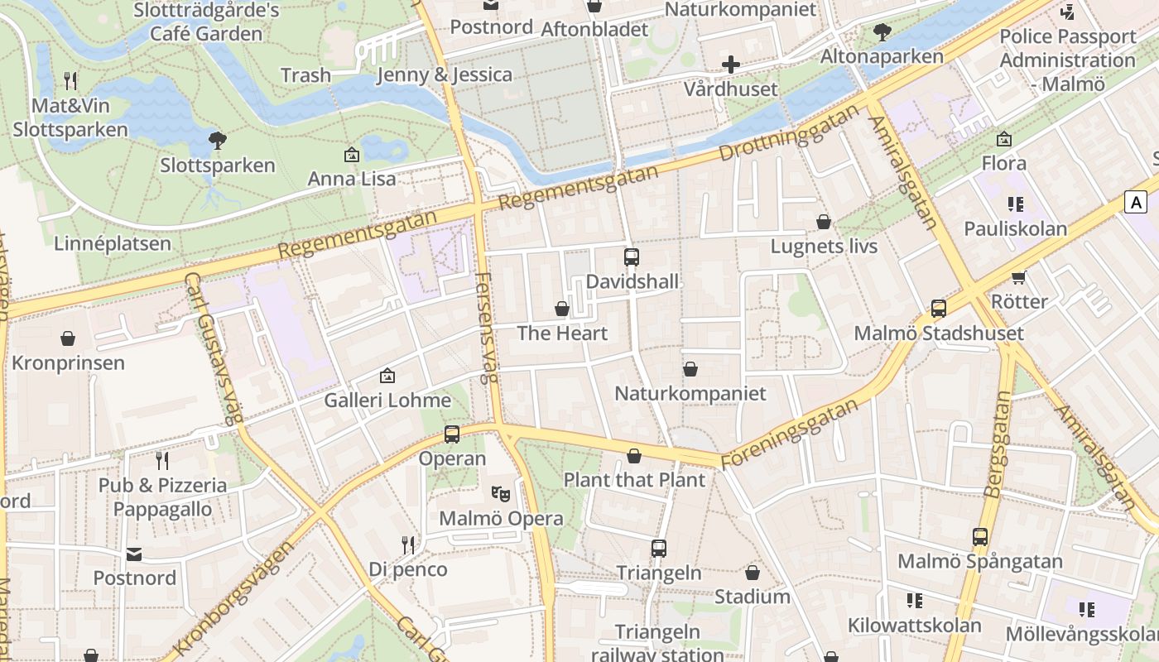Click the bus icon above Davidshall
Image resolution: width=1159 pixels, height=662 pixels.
(632, 257)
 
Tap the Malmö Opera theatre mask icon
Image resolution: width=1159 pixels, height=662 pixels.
(501, 494)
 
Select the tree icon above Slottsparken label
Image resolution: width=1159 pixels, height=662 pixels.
(218, 141)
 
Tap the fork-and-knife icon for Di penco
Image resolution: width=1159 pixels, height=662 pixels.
(407, 544)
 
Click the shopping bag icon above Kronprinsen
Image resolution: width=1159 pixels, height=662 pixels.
(68, 338)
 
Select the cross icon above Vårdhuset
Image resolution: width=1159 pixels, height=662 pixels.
(730, 64)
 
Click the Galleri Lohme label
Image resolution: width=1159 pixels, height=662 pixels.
(387, 401)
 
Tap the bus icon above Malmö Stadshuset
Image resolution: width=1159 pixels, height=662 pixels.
(938, 309)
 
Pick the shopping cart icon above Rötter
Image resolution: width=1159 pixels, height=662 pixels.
(1019, 277)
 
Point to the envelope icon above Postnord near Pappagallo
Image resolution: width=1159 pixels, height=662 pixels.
(134, 554)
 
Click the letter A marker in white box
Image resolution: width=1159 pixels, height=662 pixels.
(1137, 201)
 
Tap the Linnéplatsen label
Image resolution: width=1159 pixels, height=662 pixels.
(113, 243)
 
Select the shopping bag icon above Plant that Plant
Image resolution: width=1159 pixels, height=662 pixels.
(634, 455)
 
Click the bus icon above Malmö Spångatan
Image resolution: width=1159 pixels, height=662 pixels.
(980, 537)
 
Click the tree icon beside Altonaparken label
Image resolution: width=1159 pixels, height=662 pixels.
(882, 32)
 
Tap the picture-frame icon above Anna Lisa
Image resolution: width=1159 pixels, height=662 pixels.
(352, 155)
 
